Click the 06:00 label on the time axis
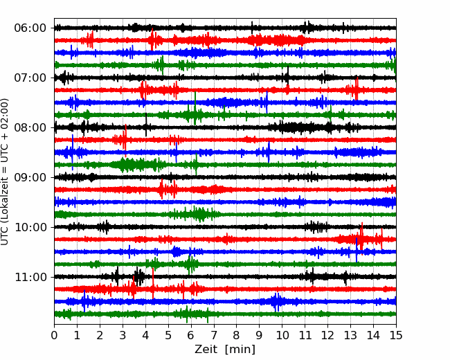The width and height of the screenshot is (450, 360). pyautogui.click(x=30, y=28)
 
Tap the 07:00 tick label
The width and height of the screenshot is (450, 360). pyautogui.click(x=30, y=78)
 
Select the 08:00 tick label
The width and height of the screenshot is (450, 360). pyautogui.click(x=30, y=127)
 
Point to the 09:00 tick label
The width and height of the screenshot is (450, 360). pyautogui.click(x=30, y=177)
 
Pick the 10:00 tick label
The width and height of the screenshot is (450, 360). pyautogui.click(x=30, y=227)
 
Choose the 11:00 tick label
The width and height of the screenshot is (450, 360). pyautogui.click(x=30, y=277)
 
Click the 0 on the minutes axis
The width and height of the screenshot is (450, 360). pyautogui.click(x=54, y=335)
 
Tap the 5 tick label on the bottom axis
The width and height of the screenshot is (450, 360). pyautogui.click(x=168, y=335)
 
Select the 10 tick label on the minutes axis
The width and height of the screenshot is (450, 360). pyautogui.click(x=282, y=335)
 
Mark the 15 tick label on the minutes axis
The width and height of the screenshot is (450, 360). pyautogui.click(x=396, y=335)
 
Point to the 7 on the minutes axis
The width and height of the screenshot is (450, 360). pyautogui.click(x=214, y=335)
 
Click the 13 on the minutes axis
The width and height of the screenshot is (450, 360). pyautogui.click(x=350, y=335)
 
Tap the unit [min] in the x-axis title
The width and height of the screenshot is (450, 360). pyautogui.click(x=240, y=350)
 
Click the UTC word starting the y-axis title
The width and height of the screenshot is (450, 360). pyautogui.click(x=5, y=235)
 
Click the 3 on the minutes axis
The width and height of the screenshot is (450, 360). pyautogui.click(x=123, y=335)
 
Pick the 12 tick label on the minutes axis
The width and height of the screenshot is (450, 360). pyautogui.click(x=327, y=335)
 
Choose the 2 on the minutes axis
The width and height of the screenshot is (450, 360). pyautogui.click(x=100, y=335)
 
